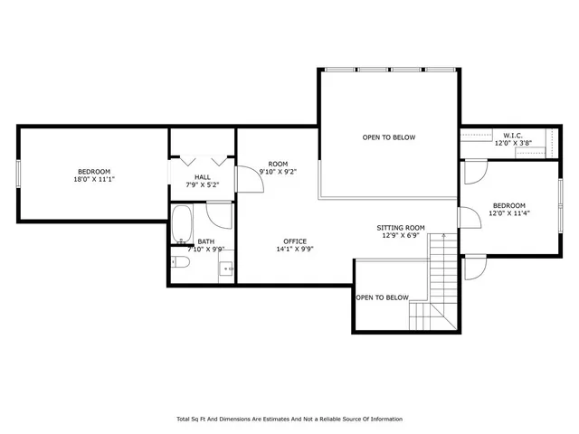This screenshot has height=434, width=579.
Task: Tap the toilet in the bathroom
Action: point(180,263)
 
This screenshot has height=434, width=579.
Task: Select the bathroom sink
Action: point(227,267)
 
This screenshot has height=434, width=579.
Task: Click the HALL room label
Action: point(203,176)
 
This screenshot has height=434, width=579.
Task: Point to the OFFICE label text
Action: point(295,241)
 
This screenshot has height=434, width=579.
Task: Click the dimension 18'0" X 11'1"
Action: point(93,180)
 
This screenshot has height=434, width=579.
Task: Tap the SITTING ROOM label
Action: point(401,228)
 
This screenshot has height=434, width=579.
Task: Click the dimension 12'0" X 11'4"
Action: point(508,213)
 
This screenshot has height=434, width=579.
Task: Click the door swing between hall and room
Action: point(248,178)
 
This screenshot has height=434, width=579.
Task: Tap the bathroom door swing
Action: point(219,215)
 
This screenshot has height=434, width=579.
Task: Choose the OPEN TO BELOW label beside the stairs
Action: point(382,297)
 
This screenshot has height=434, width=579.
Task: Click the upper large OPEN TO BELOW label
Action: point(388,137)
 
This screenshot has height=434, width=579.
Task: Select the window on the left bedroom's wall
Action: point(19,173)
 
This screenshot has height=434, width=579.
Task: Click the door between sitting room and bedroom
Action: point(467,217)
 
